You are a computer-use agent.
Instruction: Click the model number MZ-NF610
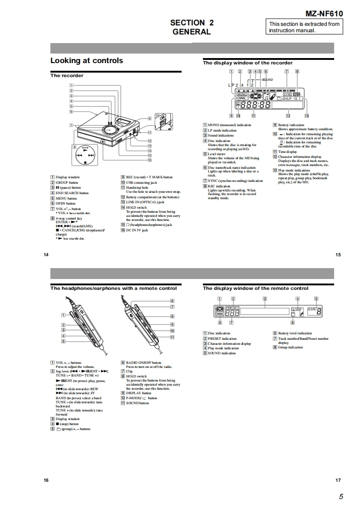point(324,14)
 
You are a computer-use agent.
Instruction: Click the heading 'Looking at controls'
point(86,61)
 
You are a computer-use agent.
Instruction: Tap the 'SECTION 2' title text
point(192,23)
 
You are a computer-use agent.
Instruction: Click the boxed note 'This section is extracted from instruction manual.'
point(304,27)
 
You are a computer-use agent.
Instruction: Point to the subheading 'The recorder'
point(67,76)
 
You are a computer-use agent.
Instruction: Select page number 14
point(46,255)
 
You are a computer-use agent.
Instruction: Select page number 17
point(338,480)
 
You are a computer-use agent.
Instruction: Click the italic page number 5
point(340,497)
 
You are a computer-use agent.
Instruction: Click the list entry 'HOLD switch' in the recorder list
point(137,207)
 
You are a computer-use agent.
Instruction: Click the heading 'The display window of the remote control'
point(255,289)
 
